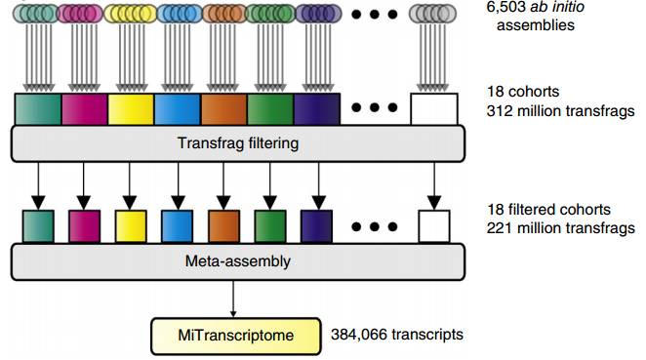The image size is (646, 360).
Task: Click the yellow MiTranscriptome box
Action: (x=234, y=335)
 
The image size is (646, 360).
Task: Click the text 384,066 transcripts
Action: (x=397, y=335)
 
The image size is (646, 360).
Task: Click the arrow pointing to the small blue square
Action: (x=178, y=184)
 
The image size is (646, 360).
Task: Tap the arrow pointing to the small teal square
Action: (x=37, y=184)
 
